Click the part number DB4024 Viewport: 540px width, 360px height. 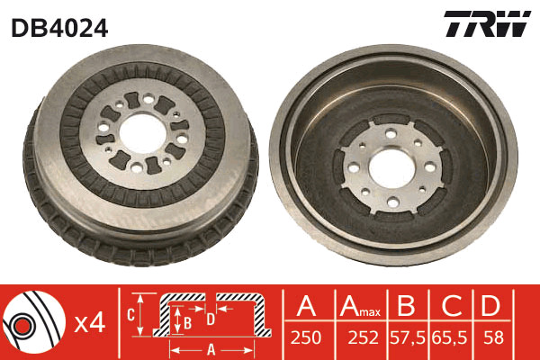(x=59, y=28)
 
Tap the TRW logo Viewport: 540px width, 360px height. (x=487, y=23)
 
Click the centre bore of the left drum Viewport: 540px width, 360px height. (x=143, y=133)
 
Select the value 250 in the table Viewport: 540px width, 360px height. (x=306, y=337)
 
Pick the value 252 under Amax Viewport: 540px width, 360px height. (x=363, y=337)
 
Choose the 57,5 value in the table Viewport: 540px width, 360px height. (x=408, y=338)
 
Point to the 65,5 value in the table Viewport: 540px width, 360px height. (x=450, y=338)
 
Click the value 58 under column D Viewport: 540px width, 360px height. (x=493, y=337)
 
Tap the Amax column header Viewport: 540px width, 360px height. (x=360, y=306)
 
